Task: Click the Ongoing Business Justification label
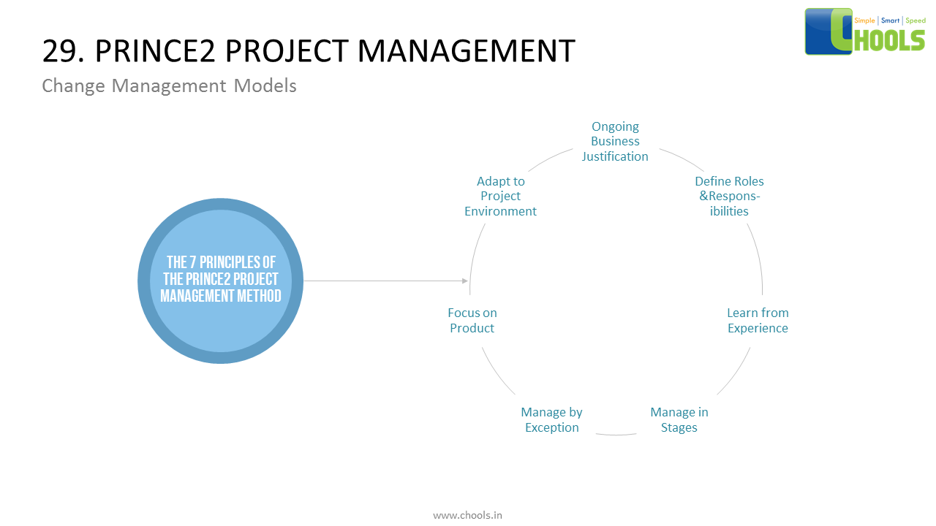click(x=615, y=142)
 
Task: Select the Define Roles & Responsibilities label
click(x=729, y=197)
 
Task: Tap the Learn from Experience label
click(x=758, y=321)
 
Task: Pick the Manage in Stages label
click(x=679, y=420)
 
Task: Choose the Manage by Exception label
click(x=552, y=420)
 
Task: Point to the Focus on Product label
click(x=472, y=321)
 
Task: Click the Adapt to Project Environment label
click(x=501, y=197)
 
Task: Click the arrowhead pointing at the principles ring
click(x=465, y=281)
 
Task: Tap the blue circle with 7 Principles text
click(x=221, y=281)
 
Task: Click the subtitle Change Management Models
click(x=169, y=85)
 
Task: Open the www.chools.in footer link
click(x=467, y=515)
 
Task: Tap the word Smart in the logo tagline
click(x=891, y=20)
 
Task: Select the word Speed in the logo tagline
click(x=916, y=20)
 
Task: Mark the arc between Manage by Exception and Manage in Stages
click(x=616, y=435)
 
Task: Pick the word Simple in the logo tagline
click(x=864, y=20)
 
